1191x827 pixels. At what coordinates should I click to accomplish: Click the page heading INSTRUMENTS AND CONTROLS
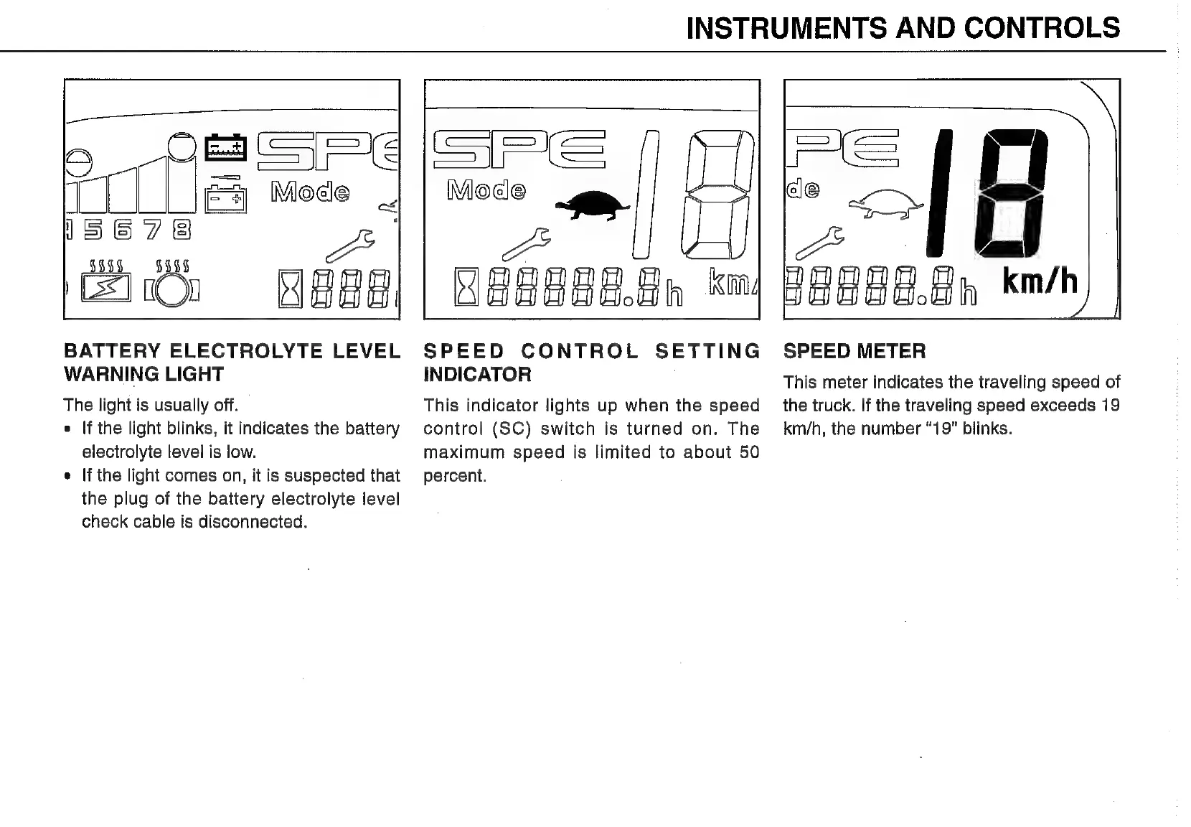click(903, 27)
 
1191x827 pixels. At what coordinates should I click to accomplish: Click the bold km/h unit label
click(1040, 282)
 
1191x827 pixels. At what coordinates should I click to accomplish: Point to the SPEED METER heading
click(854, 351)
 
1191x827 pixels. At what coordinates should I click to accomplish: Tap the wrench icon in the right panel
click(820, 242)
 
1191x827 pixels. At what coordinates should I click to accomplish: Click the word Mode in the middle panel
click(486, 190)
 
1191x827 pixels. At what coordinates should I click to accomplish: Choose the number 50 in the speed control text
click(749, 452)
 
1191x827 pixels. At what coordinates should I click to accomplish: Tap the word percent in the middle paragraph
click(455, 476)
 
